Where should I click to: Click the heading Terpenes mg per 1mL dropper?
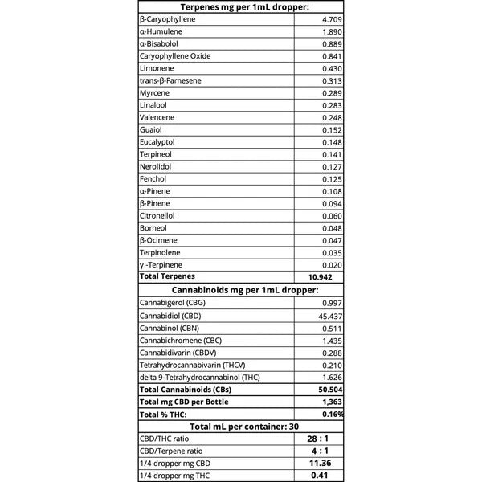click(x=241, y=6)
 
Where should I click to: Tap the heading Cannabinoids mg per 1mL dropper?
click(x=241, y=289)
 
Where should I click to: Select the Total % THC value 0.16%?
click(x=332, y=414)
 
